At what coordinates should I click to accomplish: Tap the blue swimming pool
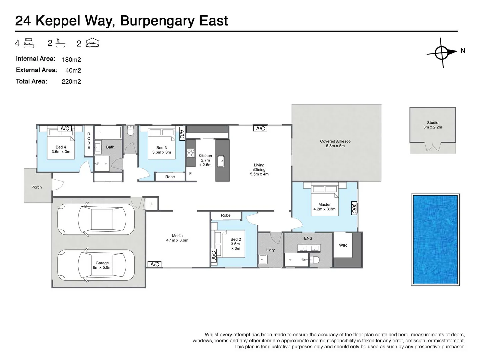(x=435, y=239)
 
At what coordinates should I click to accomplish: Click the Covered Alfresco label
(x=335, y=141)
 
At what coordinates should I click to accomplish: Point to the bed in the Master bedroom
(x=325, y=200)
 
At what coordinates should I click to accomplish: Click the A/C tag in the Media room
(x=155, y=264)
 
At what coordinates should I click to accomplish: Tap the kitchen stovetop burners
(x=191, y=153)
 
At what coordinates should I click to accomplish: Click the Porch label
(x=36, y=187)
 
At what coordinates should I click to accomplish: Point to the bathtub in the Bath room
(x=108, y=132)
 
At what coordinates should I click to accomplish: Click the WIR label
(x=343, y=245)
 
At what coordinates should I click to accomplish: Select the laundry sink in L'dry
(x=263, y=259)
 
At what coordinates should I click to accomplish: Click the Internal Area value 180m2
(x=71, y=60)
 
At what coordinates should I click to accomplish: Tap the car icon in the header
(x=92, y=43)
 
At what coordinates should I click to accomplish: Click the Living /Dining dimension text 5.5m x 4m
(x=259, y=174)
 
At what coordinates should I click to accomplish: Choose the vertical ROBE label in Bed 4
(x=89, y=141)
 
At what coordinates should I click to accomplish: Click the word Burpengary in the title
(x=157, y=21)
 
